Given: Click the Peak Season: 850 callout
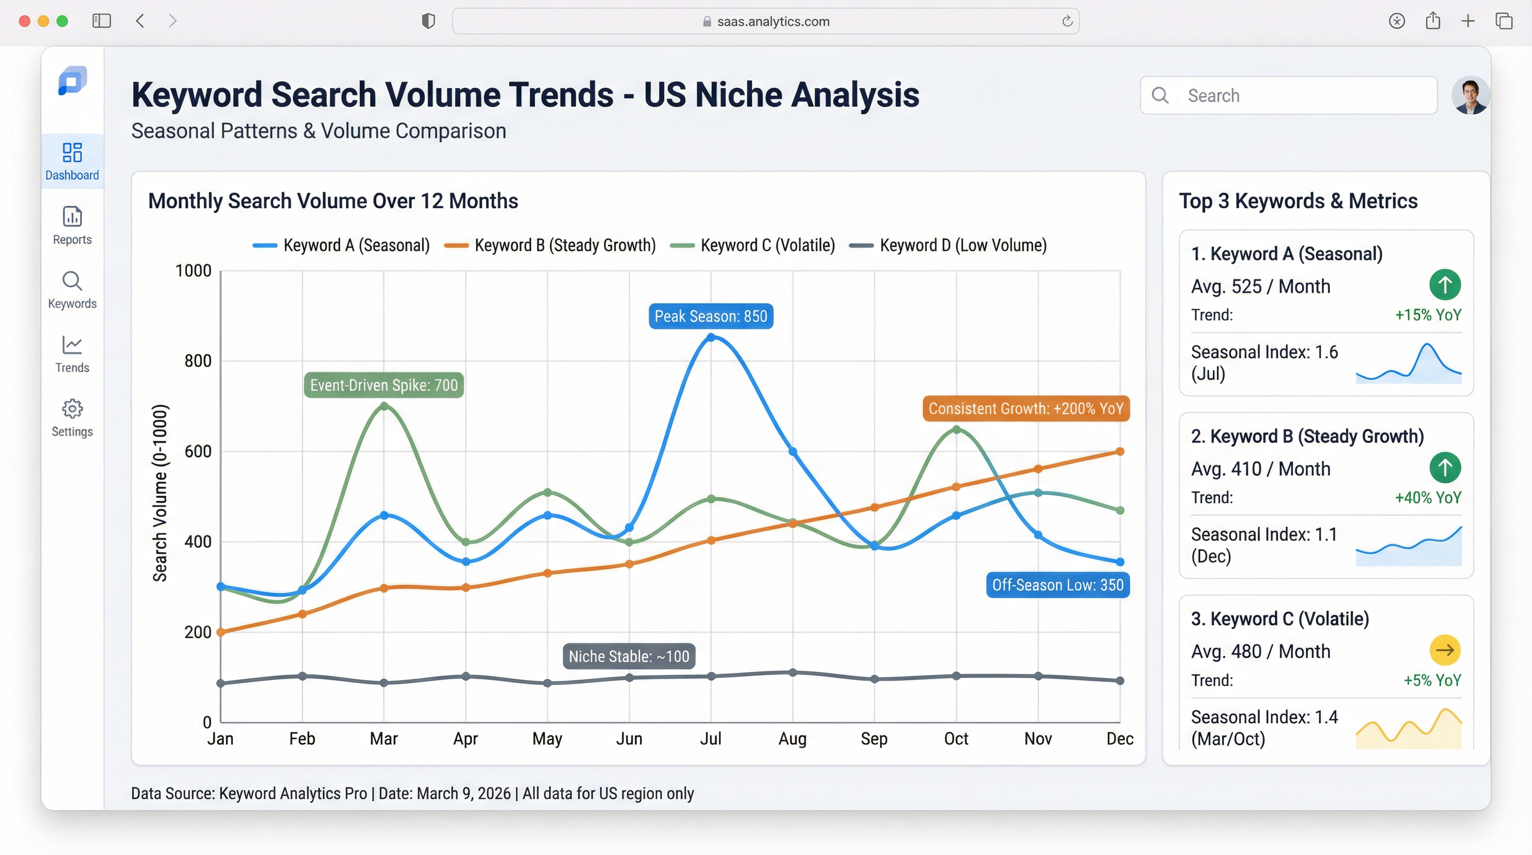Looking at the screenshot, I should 711,316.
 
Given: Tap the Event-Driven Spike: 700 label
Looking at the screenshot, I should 384,385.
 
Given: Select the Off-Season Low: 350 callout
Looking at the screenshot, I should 1057,585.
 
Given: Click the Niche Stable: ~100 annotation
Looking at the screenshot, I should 628,656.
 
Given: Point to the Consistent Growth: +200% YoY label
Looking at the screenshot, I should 1026,409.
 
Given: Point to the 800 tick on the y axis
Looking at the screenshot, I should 198,361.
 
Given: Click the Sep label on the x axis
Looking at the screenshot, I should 873,739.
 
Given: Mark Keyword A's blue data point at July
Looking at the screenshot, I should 711,337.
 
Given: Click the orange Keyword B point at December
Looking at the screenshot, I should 1120,451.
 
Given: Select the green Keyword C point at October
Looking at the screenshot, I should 956,429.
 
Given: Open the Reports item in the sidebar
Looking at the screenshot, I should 72,225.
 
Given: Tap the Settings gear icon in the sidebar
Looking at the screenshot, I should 72,409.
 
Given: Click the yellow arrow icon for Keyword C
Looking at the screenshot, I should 1445,650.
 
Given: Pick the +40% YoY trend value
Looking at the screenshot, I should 1428,498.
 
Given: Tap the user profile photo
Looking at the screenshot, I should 1470,95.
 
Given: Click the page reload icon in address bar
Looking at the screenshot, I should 1067,21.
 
